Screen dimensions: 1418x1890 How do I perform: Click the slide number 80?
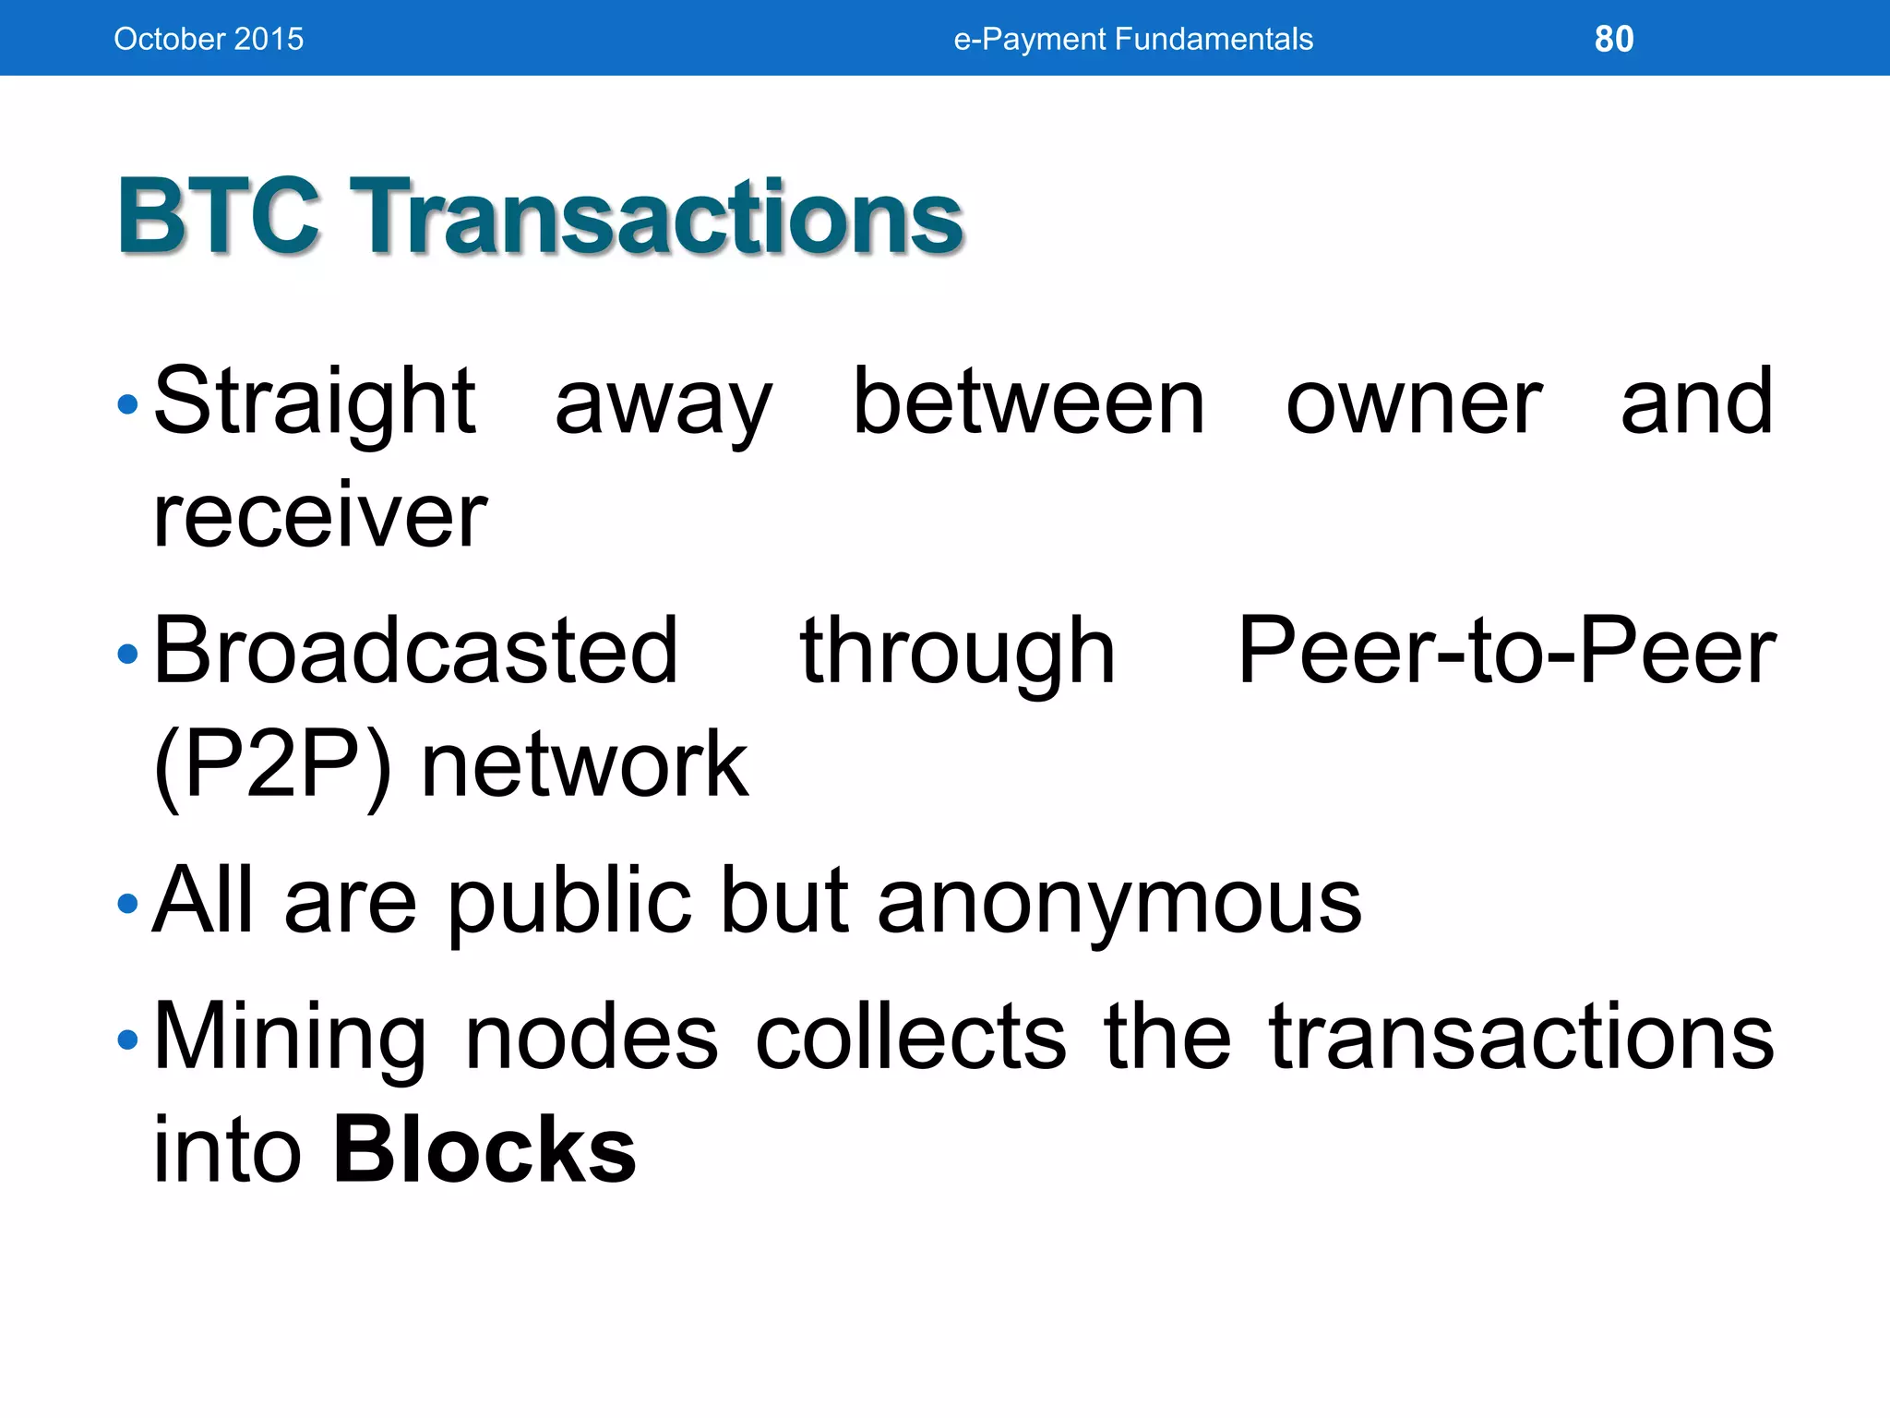(1614, 39)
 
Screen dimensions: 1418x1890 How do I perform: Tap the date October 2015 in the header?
(209, 39)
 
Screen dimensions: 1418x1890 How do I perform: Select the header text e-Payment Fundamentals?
(1133, 39)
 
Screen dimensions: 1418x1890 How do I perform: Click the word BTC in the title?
(219, 217)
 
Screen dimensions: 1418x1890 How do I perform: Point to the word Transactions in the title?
(659, 217)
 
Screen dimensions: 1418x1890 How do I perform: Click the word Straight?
(315, 402)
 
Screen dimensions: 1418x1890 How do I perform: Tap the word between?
(1028, 402)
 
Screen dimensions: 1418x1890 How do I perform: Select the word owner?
(1414, 403)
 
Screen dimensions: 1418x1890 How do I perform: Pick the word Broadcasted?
(416, 651)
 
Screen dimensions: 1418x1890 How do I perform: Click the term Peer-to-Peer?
(1506, 651)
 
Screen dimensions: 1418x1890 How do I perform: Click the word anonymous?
(1118, 901)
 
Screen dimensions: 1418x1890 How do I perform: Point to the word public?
(569, 901)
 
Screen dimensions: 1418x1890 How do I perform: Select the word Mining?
(290, 1038)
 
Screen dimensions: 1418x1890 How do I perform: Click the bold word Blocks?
(484, 1150)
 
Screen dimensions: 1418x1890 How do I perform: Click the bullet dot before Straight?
(128, 404)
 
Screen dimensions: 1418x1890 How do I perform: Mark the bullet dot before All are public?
(128, 903)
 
